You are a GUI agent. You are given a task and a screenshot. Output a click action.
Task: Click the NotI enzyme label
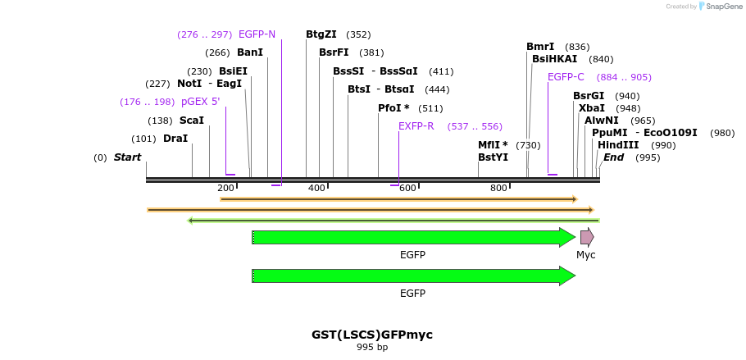189,84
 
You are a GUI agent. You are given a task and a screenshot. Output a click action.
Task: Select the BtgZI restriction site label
321,34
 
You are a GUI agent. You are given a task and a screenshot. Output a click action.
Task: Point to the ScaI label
192,121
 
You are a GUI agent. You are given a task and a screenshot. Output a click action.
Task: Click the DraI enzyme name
175,139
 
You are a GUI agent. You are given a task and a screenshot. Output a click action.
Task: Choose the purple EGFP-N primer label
257,34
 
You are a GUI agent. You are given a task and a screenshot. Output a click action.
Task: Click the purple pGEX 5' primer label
201,102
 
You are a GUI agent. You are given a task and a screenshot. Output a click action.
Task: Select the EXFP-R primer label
416,126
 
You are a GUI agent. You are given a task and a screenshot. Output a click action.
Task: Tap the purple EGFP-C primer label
566,77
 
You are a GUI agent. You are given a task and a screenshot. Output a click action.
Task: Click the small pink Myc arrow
587,237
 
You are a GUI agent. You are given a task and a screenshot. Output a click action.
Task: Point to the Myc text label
586,255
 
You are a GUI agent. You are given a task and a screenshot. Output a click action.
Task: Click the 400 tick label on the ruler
316,189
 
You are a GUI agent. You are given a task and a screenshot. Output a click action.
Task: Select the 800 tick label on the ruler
498,189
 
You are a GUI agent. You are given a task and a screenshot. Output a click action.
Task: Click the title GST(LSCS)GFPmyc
372,335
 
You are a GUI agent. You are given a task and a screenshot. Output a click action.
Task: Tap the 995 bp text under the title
372,348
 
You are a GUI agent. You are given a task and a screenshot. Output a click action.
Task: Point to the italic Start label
127,157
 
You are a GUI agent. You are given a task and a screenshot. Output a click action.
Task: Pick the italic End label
614,157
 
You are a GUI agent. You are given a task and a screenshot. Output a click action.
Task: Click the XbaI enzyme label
592,108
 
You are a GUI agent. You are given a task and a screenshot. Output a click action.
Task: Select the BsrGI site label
589,96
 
